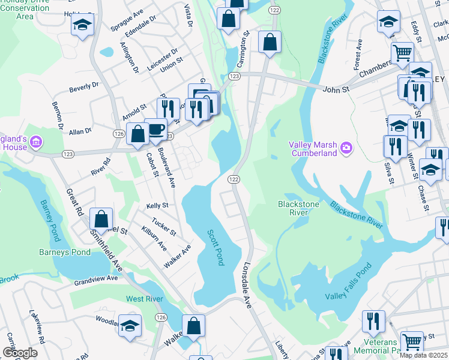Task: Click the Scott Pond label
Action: (x=215, y=247)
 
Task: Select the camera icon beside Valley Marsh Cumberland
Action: (x=346, y=148)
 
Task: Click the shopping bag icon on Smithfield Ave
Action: (x=101, y=219)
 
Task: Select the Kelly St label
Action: (x=157, y=206)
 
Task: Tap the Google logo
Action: (x=20, y=352)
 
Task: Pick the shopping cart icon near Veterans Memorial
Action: (x=412, y=342)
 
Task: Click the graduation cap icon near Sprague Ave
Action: (x=82, y=25)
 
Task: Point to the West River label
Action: (x=145, y=299)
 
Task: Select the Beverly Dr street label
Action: (x=83, y=88)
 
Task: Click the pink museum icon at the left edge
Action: (x=37, y=142)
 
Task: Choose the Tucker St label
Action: (x=164, y=226)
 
